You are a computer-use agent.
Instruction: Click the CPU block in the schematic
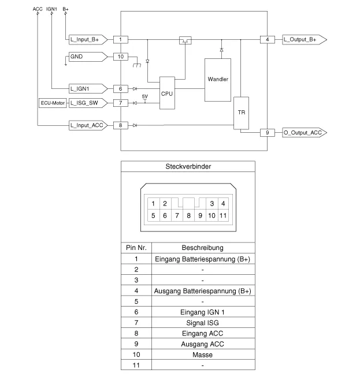coord(167,93)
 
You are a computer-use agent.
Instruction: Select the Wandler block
coord(218,80)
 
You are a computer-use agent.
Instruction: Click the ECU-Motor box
coord(52,103)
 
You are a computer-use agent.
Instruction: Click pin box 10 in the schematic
coord(120,57)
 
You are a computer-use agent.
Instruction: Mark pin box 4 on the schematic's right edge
coord(268,39)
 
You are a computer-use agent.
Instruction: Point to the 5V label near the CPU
coord(144,96)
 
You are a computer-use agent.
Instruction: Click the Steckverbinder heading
coord(188,166)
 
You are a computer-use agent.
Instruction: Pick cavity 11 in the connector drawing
coord(223,216)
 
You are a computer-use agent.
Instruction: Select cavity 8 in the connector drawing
coord(188,216)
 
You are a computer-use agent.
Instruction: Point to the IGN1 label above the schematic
coord(51,9)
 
